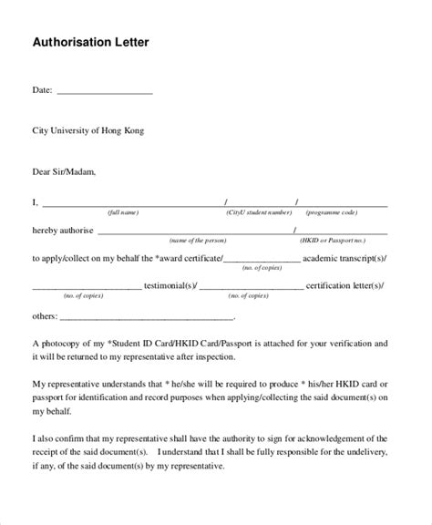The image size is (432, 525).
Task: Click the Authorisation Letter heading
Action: (x=91, y=42)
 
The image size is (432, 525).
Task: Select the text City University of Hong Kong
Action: (x=88, y=130)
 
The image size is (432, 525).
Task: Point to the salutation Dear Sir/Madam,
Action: (x=64, y=170)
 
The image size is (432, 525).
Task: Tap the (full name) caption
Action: (x=123, y=212)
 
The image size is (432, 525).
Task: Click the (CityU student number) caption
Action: (x=260, y=212)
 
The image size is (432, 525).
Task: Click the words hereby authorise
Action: (x=63, y=231)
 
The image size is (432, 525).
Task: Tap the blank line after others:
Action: (x=146, y=318)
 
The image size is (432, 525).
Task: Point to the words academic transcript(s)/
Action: (x=349, y=259)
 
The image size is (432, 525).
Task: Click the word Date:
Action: (x=43, y=91)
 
